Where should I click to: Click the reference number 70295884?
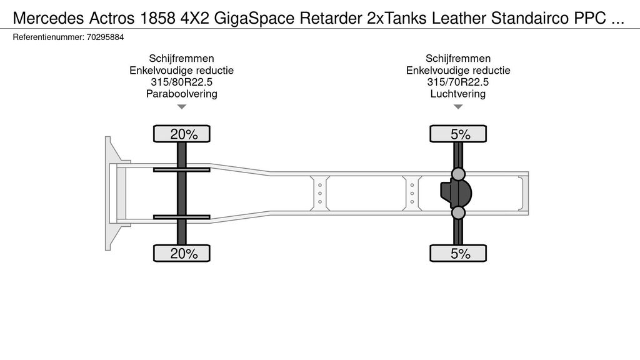105,37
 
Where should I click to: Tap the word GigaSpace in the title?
254,18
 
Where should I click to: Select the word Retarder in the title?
331,18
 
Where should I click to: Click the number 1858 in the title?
157,18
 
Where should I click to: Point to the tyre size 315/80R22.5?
182,82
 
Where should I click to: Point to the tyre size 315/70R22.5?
458,82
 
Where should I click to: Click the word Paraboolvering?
182,94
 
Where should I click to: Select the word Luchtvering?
458,94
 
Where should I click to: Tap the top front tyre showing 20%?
182,134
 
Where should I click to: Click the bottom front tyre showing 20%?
182,254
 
